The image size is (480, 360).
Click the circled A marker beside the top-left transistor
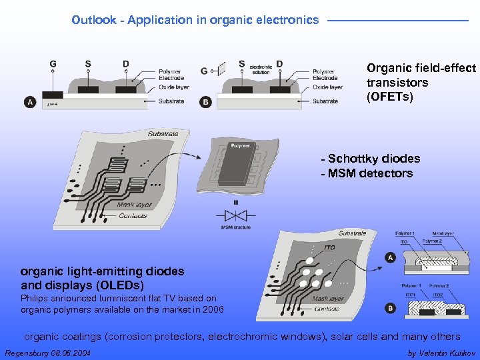pyautogui.click(x=30, y=102)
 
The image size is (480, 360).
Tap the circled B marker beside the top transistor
pyautogui.click(x=206, y=102)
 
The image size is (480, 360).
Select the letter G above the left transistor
pyautogui.click(x=53, y=64)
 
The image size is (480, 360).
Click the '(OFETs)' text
pyautogui.click(x=390, y=97)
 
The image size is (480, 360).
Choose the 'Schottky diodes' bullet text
pyautogui.click(x=373, y=159)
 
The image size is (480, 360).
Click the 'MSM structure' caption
pyautogui.click(x=236, y=227)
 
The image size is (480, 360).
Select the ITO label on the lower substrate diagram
pyautogui.click(x=330, y=247)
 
